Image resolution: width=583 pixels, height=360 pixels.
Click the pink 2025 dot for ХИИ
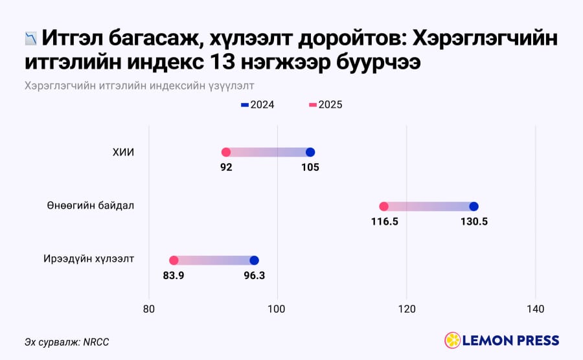(225, 152)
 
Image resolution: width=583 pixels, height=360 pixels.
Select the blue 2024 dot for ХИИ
(310, 152)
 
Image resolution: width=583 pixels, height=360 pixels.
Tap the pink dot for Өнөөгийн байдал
(383, 207)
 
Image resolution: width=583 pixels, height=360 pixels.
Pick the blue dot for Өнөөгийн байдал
(474, 207)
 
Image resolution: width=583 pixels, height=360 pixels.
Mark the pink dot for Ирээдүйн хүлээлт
(174, 260)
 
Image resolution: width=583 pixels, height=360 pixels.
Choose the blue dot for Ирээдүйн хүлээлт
(254, 260)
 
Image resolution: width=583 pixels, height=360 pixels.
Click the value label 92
(226, 168)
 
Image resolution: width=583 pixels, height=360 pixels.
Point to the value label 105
(310, 168)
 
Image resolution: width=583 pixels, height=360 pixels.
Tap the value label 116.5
(384, 222)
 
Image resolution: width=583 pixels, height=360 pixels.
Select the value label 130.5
(474, 222)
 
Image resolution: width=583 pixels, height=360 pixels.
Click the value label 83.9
(174, 276)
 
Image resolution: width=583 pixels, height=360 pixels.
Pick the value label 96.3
(255, 276)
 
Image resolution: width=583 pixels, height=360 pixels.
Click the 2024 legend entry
(258, 105)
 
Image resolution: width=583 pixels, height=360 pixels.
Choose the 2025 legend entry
(326, 105)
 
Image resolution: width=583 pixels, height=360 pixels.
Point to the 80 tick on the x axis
(149, 309)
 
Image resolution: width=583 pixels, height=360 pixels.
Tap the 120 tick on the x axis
(407, 309)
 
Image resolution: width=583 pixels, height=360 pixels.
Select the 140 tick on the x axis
(536, 309)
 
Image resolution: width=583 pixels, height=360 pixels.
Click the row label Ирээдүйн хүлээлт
(89, 259)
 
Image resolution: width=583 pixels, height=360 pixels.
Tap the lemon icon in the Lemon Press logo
(453, 341)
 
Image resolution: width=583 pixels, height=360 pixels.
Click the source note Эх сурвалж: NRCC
(67, 342)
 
